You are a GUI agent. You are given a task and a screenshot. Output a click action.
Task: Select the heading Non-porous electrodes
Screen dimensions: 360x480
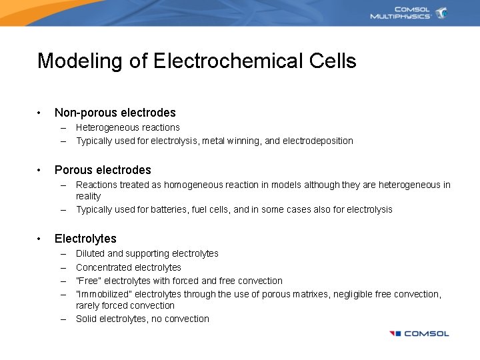click(x=115, y=113)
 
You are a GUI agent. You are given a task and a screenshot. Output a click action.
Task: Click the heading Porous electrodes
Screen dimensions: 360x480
click(x=103, y=170)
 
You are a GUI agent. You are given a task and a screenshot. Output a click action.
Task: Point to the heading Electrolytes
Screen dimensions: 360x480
click(x=85, y=239)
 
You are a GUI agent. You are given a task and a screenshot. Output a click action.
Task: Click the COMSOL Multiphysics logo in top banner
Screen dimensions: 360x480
click(x=408, y=13)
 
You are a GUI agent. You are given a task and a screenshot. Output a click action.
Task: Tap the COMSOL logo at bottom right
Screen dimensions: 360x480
click(x=419, y=333)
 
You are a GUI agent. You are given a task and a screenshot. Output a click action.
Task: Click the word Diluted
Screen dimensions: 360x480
click(x=90, y=253)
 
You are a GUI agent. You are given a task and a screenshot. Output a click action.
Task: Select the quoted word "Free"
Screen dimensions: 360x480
click(x=89, y=281)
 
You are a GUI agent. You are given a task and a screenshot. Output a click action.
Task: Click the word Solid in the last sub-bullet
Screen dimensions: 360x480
click(x=86, y=319)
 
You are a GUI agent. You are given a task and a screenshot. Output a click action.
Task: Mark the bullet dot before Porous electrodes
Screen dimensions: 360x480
click(x=40, y=170)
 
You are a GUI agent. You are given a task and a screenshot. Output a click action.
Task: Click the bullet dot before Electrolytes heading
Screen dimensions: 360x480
click(x=40, y=239)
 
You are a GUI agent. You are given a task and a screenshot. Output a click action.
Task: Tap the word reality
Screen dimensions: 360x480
click(x=88, y=196)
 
